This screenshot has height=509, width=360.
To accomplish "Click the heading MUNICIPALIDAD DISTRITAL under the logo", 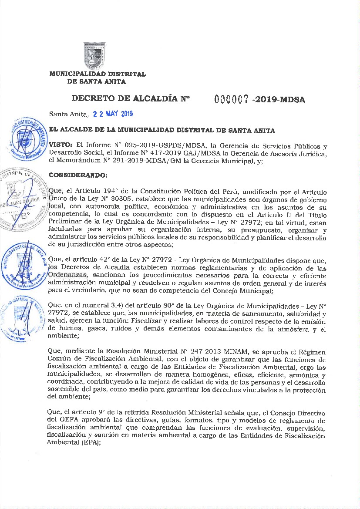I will [97, 74].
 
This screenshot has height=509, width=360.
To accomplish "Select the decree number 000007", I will [232, 99].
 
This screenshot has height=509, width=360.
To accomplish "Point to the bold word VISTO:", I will [61, 144].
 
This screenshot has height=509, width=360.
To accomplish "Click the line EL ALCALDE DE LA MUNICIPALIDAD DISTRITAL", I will [162, 130].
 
